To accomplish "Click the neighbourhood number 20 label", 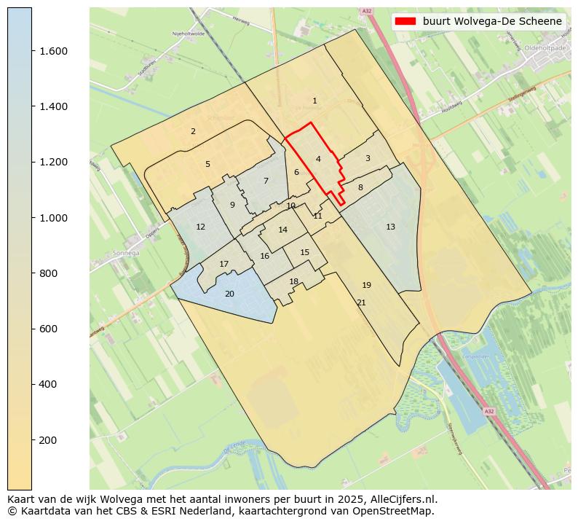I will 229,294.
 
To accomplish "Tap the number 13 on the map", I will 390,227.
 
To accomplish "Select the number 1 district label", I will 314,101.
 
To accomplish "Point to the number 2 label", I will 193,131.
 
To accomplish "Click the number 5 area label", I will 207,164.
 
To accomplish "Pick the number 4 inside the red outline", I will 318,159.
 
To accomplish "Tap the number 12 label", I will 200,227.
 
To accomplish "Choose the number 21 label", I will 361,302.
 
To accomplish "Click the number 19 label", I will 366,285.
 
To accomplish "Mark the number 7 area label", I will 266,181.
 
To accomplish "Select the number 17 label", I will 224,264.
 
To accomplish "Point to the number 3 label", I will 368,158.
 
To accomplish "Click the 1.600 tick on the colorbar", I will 53,51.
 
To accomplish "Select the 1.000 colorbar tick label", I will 53,218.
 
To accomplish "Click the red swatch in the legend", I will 405,21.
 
